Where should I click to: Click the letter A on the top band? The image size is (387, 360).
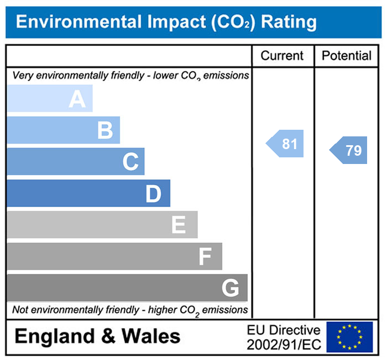pos(77,99)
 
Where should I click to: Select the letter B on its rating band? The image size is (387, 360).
pos(105,131)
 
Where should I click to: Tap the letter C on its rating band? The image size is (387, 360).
pos(130,162)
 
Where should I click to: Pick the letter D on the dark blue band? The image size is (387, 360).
pos(153,194)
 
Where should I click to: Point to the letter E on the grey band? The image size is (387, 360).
pos(179,225)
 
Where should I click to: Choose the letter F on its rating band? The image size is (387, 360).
pos(205,257)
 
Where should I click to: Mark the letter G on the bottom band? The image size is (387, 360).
pos(230,288)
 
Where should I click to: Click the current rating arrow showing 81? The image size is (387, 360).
pos(286,144)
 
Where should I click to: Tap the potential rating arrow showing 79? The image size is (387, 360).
pos(349,150)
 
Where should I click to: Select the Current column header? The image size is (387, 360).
pos(282,56)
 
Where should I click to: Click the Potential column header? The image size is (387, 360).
pos(347,56)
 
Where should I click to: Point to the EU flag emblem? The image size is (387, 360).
pos(349,337)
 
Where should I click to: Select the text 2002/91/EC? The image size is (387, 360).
pos(284,344)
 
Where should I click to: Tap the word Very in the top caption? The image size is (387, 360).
pos(22,76)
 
